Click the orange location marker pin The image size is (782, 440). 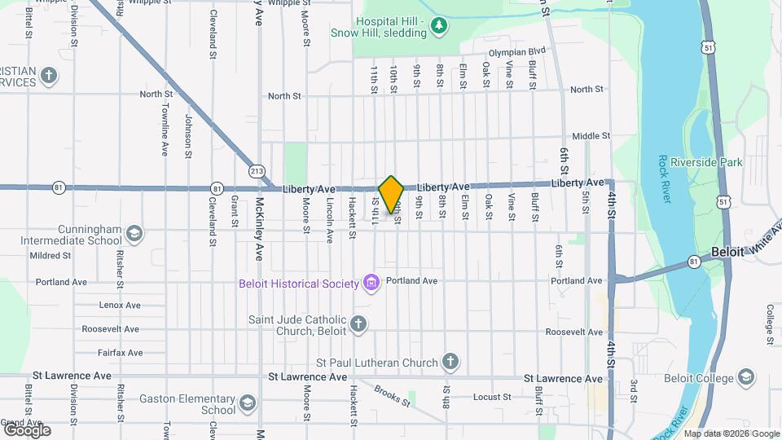(391, 195)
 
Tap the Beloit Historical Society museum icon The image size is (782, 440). (372, 283)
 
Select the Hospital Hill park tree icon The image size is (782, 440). (440, 27)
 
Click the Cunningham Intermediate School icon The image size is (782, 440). (134, 235)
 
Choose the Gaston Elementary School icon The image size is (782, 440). (246, 403)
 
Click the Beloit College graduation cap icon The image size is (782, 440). (746, 376)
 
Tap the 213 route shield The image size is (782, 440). (257, 171)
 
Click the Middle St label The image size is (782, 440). (591, 136)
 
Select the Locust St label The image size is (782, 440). (491, 398)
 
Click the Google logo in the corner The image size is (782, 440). (27, 429)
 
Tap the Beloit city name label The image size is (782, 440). (727, 252)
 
